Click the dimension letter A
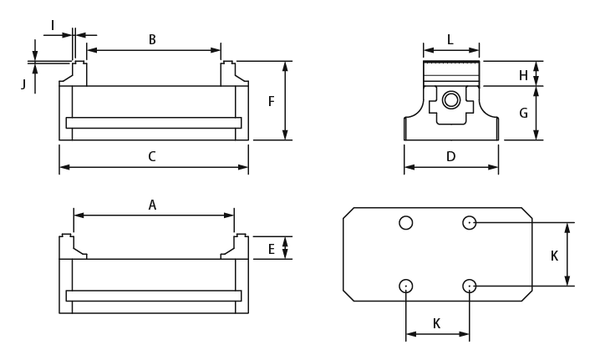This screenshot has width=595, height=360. [152, 205]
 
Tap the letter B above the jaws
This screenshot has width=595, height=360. [152, 39]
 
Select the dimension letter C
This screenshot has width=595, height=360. [152, 156]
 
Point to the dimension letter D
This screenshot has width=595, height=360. [450, 156]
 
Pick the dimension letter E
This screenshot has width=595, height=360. [272, 248]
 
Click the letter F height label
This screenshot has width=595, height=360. [272, 101]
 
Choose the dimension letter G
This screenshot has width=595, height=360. [524, 113]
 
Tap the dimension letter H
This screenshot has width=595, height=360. [524, 76]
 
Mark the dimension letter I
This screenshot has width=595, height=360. [53, 26]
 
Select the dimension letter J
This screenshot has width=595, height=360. [23, 84]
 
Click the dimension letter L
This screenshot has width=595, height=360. [450, 39]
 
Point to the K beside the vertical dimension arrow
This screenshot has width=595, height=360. [554, 256]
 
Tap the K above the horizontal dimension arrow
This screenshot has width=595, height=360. [436, 323]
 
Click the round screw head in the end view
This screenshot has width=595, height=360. [451, 100]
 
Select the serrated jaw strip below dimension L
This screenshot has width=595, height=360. [451, 65]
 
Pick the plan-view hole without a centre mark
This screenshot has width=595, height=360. [405, 222]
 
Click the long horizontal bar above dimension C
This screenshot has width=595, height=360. [154, 123]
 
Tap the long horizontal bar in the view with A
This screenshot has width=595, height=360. [154, 296]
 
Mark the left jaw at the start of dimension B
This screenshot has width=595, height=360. [79, 73]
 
